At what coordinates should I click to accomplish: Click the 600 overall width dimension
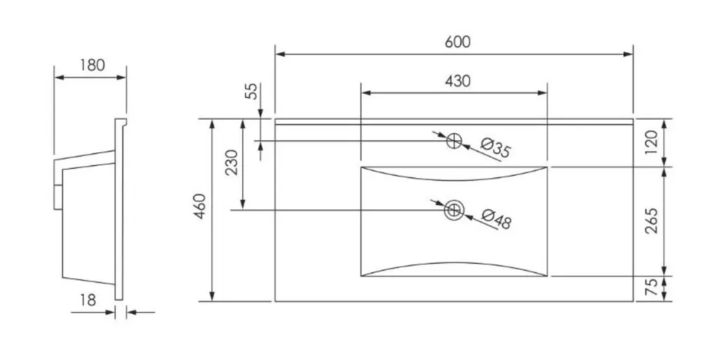(x=458, y=42)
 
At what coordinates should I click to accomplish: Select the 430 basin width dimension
(x=458, y=81)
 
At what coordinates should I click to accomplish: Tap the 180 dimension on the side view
(x=92, y=66)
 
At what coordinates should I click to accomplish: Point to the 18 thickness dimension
(x=88, y=300)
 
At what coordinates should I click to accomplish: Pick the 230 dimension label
(x=233, y=162)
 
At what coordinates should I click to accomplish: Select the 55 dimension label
(x=251, y=91)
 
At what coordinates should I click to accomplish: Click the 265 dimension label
(x=652, y=221)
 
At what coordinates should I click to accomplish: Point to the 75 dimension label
(x=652, y=288)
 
